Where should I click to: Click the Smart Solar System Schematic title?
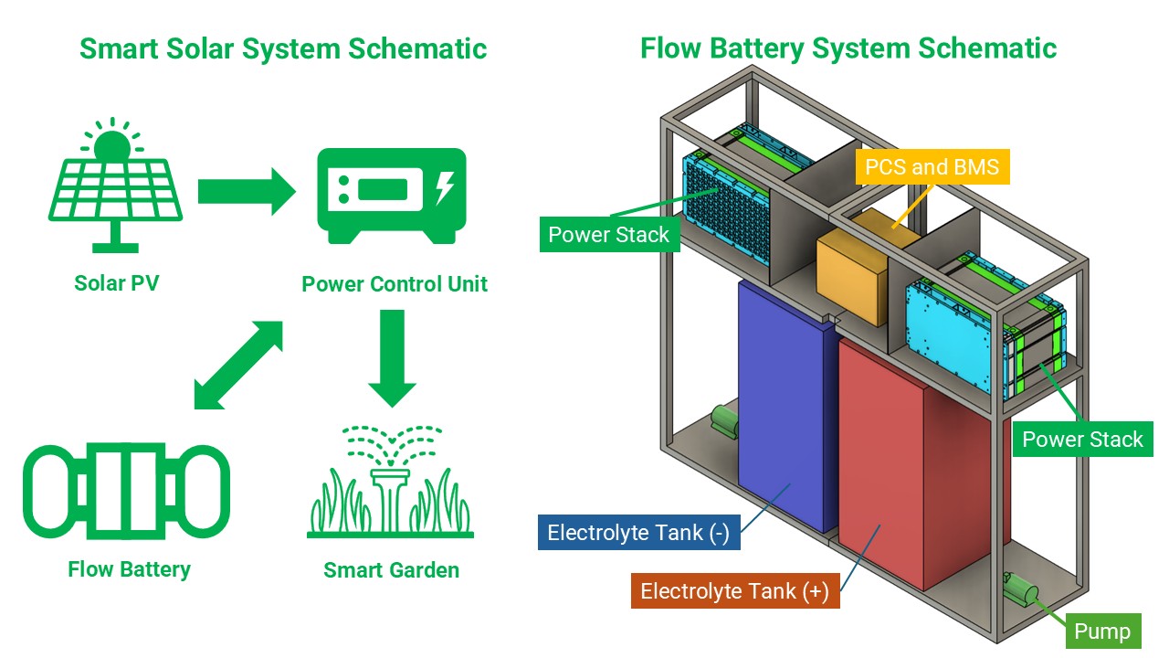coord(283,48)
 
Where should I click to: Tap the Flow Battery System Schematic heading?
coord(848,48)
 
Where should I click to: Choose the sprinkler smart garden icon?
coord(391,482)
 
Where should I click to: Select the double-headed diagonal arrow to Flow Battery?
coord(238,365)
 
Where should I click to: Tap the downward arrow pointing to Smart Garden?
coord(391,358)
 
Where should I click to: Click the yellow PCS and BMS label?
coord(932,167)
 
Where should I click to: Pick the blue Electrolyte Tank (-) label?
coord(637,533)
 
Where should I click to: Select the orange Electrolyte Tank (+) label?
coord(734,591)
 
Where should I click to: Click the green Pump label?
coord(1101,631)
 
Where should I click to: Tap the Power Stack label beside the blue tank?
coord(608,235)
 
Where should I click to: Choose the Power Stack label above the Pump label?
coord(1081,440)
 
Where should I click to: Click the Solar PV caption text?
coord(116,283)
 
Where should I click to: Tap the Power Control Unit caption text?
coord(395,283)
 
